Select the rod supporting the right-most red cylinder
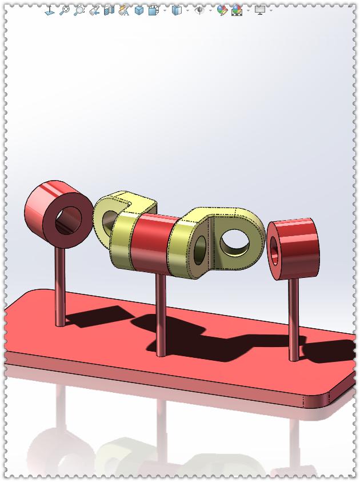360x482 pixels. click(293, 320)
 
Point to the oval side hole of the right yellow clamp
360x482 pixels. click(200, 252)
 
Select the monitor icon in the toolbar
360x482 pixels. click(260, 10)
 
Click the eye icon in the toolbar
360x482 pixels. click(199, 10)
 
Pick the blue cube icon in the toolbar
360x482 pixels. click(139, 10)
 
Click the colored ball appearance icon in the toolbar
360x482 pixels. click(222, 10)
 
